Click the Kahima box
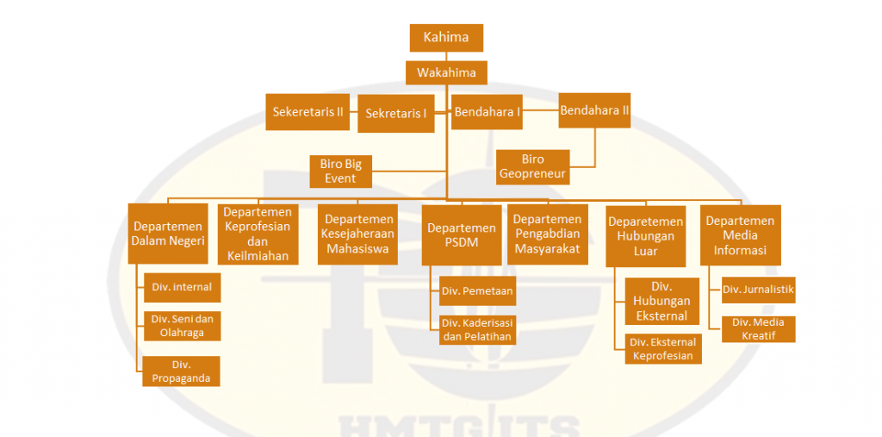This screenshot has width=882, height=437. point(446,37)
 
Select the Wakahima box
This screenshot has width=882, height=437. point(446,72)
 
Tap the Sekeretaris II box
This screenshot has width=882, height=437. point(307,112)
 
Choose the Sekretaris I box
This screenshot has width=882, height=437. point(397,114)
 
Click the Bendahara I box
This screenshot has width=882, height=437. point(488,112)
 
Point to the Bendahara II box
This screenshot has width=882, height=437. point(595,110)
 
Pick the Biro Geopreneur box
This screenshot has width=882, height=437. point(533,167)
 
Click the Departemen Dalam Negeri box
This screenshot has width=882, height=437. point(168,234)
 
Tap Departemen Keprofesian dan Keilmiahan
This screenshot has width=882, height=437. point(258,234)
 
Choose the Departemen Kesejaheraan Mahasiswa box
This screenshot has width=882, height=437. point(357,234)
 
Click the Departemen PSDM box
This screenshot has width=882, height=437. point(462,234)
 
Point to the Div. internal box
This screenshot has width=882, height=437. point(181,286)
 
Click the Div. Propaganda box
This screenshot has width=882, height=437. point(181,371)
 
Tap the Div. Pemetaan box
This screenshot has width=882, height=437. point(477,291)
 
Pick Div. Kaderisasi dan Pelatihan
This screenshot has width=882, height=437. point(477,330)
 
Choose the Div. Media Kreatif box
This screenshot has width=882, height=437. point(758,328)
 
